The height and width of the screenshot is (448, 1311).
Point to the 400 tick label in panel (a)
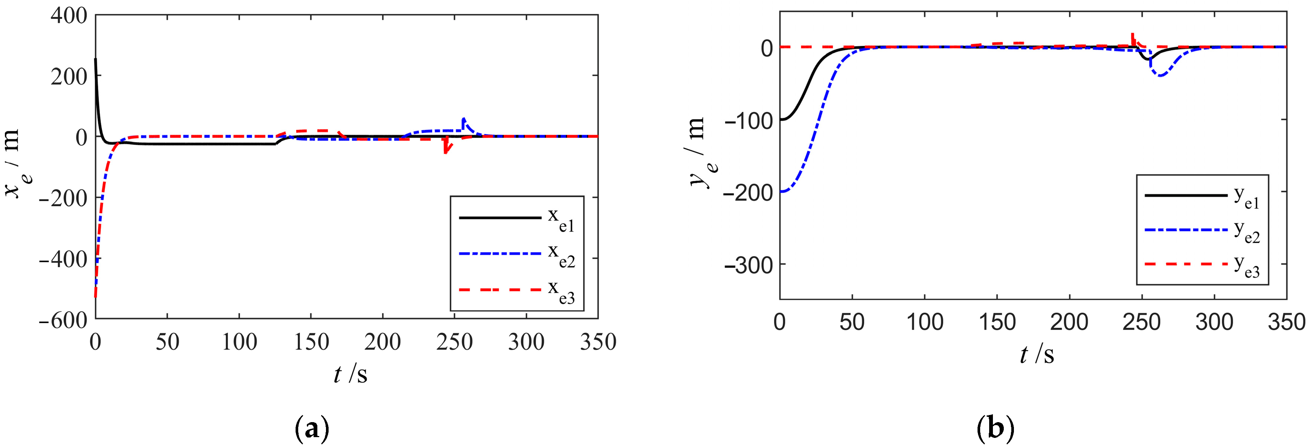(x=69, y=15)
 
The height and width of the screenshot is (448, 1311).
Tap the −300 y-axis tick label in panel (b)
(x=748, y=265)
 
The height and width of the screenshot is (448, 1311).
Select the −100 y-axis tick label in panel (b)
(x=748, y=120)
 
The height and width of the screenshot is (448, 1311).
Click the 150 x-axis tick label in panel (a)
(x=311, y=342)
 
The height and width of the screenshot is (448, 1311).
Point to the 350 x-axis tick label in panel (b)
(x=1286, y=322)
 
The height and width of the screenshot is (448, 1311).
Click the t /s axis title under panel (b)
(x=1037, y=354)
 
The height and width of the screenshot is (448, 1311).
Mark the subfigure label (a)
(x=312, y=429)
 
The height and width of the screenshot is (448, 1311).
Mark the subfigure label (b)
(x=996, y=429)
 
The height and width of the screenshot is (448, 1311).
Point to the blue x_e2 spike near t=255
(x=463, y=120)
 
